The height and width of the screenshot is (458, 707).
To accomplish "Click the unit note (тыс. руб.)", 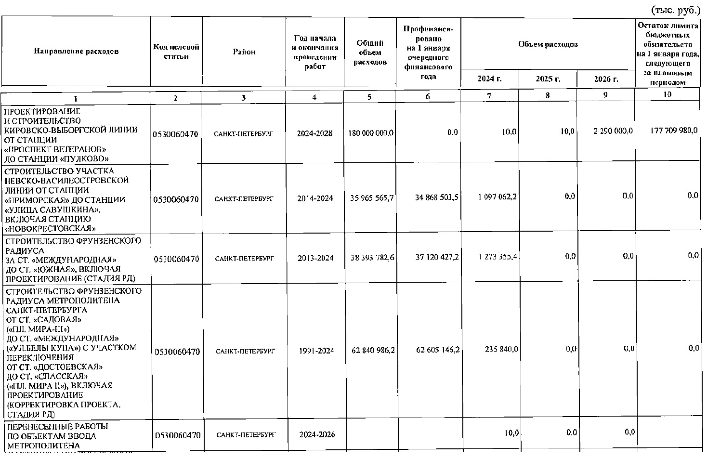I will [676, 9].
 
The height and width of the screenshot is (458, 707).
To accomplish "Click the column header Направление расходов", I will [76, 52].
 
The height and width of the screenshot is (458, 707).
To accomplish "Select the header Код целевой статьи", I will [176, 52].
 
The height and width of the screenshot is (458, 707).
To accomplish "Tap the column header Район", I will [244, 52].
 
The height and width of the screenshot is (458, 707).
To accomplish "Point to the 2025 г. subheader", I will [548, 79].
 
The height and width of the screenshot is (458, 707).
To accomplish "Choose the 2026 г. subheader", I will [606, 79].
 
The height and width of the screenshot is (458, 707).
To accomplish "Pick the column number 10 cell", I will [667, 95].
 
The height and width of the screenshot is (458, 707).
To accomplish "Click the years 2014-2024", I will [315, 198].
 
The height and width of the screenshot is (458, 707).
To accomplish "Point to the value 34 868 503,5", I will [437, 197].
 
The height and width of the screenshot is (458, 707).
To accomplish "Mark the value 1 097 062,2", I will [498, 196].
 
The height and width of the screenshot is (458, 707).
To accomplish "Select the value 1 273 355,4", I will [498, 257].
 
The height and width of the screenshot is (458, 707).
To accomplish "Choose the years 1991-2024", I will [316, 351].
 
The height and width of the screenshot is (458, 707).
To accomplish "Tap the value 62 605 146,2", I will [437, 350].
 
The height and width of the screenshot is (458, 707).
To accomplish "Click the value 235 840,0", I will [501, 350].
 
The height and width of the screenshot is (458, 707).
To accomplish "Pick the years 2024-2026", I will [316, 434].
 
